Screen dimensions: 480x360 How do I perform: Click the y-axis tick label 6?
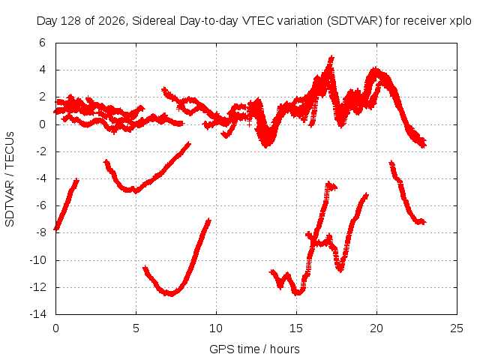pos(42,43)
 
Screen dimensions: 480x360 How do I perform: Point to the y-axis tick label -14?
pos(38,314)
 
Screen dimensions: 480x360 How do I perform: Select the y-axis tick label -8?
pos(41,232)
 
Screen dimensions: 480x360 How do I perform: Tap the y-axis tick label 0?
pos(42,124)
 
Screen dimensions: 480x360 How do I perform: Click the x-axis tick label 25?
pos(457,328)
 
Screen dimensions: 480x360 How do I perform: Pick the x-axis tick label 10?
pos(216,328)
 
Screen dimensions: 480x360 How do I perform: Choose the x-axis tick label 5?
pos(136,328)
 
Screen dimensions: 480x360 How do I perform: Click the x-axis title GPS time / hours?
pos(254,349)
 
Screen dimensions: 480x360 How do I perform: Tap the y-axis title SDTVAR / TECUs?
pos(10,179)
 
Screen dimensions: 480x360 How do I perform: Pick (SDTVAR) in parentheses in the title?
pos(355,21)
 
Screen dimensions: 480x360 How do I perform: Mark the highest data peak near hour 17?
pos(331,57)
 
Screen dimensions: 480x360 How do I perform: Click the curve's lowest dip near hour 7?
pos(171,294)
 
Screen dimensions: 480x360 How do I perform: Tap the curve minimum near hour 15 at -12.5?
pos(298,293)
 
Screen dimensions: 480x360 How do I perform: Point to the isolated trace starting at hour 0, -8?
pos(66,204)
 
